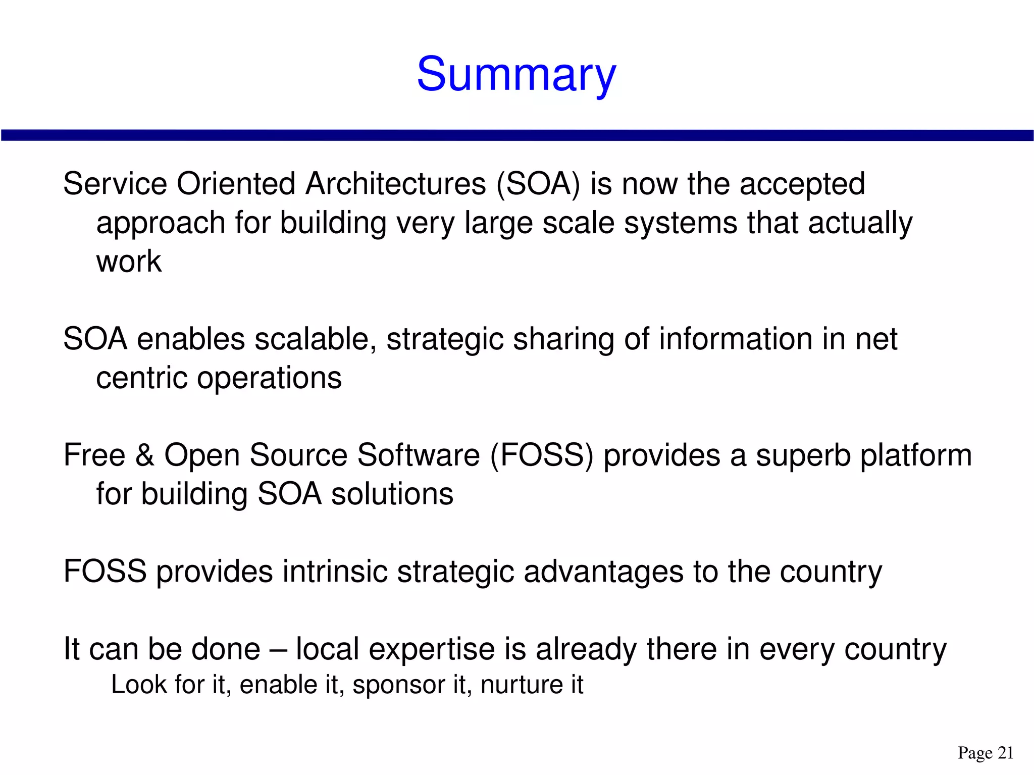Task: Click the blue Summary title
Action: [x=516, y=75]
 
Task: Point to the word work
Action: [x=129, y=262]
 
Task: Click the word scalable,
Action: [x=316, y=339]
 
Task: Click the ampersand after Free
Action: [x=145, y=455]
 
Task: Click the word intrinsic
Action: [x=335, y=572]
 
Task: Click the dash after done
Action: [x=278, y=650]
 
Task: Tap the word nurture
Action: [x=522, y=685]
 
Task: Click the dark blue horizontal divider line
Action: [x=517, y=135]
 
